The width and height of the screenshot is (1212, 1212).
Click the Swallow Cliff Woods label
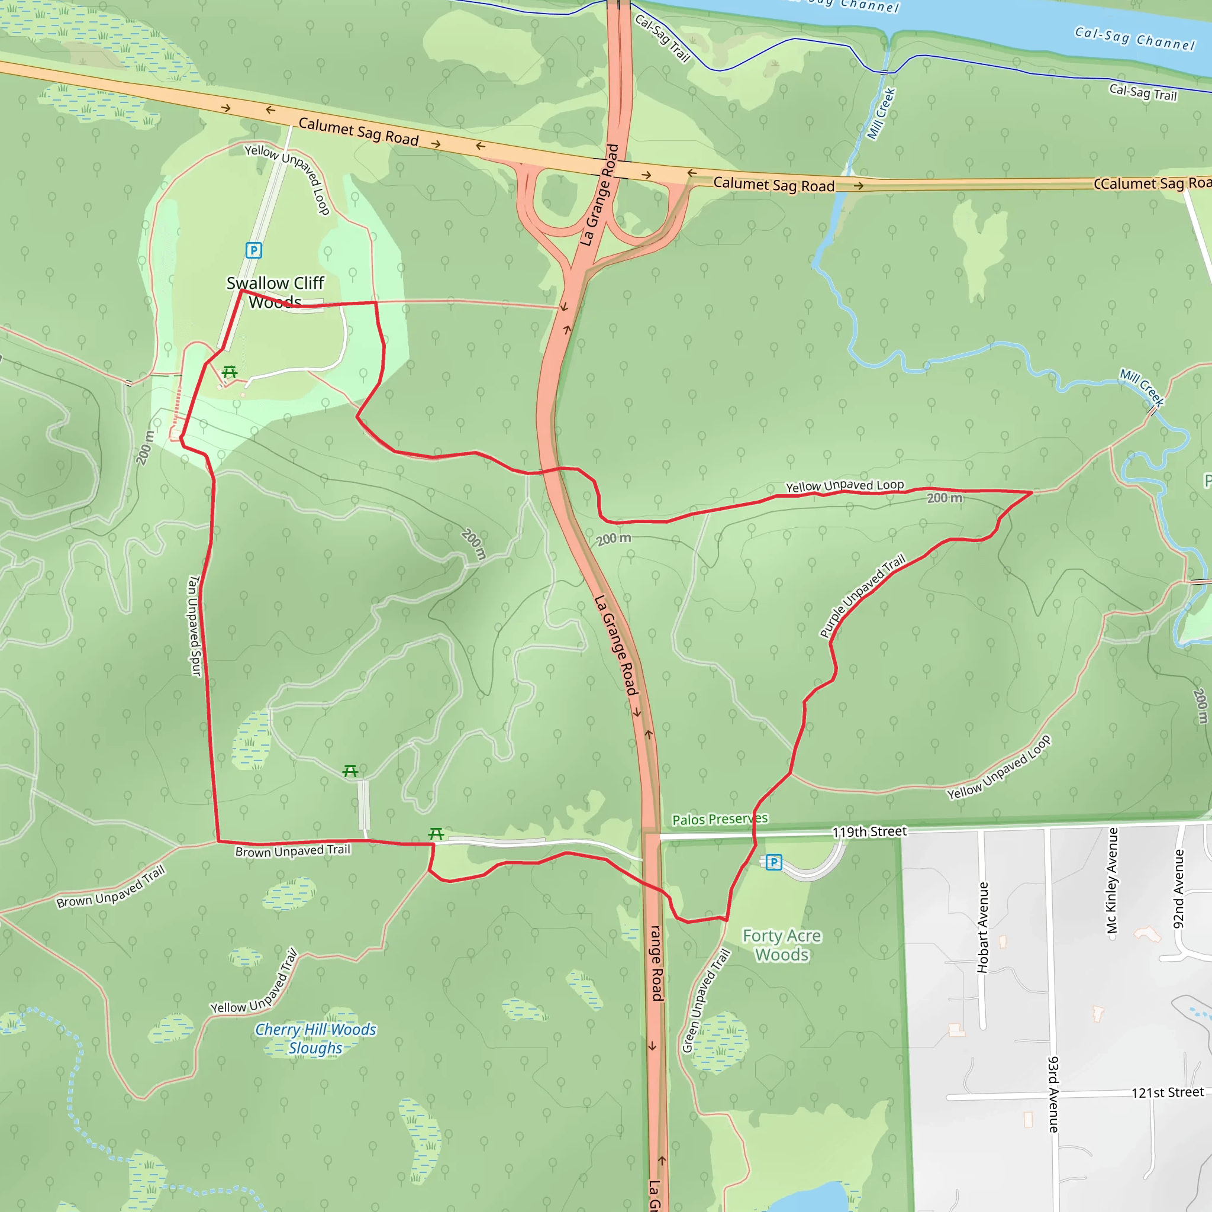tap(275, 292)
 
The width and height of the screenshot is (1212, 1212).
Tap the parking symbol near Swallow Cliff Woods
tap(253, 250)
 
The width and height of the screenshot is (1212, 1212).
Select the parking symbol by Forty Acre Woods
tap(773, 862)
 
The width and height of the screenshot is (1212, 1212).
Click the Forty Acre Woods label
tap(782, 945)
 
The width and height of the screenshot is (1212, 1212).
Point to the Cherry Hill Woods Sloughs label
tap(315, 1039)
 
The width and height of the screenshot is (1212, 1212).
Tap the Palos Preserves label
tap(720, 819)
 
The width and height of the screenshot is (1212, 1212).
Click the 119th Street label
tap(869, 832)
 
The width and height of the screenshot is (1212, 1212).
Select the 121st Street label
tap(1167, 1093)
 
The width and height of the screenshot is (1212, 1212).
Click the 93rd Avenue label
tap(1053, 1095)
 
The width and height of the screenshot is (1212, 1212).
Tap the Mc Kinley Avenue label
tap(1112, 880)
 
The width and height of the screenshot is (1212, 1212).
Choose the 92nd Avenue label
tap(1179, 889)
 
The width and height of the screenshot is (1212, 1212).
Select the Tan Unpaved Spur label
tap(195, 626)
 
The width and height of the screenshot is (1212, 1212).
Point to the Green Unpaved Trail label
tap(706, 1001)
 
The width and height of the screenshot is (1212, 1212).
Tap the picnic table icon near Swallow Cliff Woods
tap(230, 372)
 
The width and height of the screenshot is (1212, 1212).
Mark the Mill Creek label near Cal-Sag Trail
tap(881, 114)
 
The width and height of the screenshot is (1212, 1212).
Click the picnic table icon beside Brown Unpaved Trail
tap(436, 834)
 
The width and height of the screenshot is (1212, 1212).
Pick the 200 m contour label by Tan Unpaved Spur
tap(145, 447)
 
